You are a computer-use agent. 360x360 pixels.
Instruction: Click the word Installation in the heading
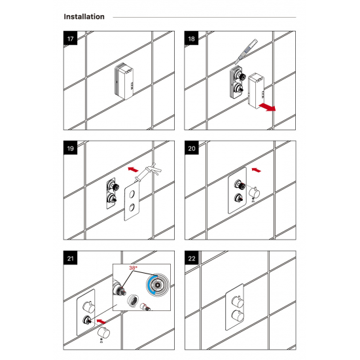click(84, 17)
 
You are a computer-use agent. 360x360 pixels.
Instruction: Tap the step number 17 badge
click(71, 38)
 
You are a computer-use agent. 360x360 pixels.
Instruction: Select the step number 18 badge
click(192, 38)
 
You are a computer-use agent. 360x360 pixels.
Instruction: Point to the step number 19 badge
click(71, 148)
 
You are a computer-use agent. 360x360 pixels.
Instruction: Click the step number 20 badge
click(192, 148)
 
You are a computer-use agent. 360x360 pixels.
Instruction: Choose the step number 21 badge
click(71, 258)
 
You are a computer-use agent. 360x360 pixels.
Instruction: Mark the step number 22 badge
click(192, 258)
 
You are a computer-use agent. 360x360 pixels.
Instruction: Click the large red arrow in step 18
click(267, 107)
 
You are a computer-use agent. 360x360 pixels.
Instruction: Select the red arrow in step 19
click(133, 170)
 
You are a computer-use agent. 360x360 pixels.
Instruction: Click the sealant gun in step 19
click(148, 173)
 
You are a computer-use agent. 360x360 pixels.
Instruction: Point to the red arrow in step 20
click(257, 170)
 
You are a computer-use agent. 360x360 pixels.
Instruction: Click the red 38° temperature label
click(133, 268)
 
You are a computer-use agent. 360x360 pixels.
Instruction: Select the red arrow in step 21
click(101, 321)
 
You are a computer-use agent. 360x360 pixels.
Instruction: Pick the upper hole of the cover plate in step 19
click(132, 194)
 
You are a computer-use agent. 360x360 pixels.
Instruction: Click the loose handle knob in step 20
click(255, 192)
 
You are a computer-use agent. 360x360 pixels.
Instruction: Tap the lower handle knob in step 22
click(238, 315)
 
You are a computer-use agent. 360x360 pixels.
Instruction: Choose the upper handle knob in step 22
click(238, 302)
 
